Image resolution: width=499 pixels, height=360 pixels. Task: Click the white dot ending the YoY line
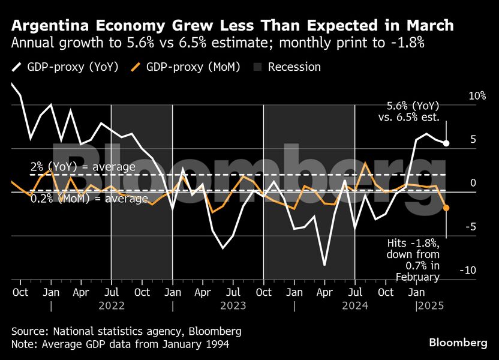(446, 143)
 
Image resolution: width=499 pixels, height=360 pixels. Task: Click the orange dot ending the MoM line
(446, 208)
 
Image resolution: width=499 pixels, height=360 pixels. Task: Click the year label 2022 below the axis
(112, 305)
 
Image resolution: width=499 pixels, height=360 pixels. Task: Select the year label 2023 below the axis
(233, 305)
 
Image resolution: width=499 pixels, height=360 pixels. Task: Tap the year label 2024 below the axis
(355, 305)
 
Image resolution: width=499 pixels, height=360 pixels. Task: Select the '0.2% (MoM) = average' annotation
(89, 199)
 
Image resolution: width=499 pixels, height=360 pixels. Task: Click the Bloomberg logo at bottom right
(458, 342)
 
